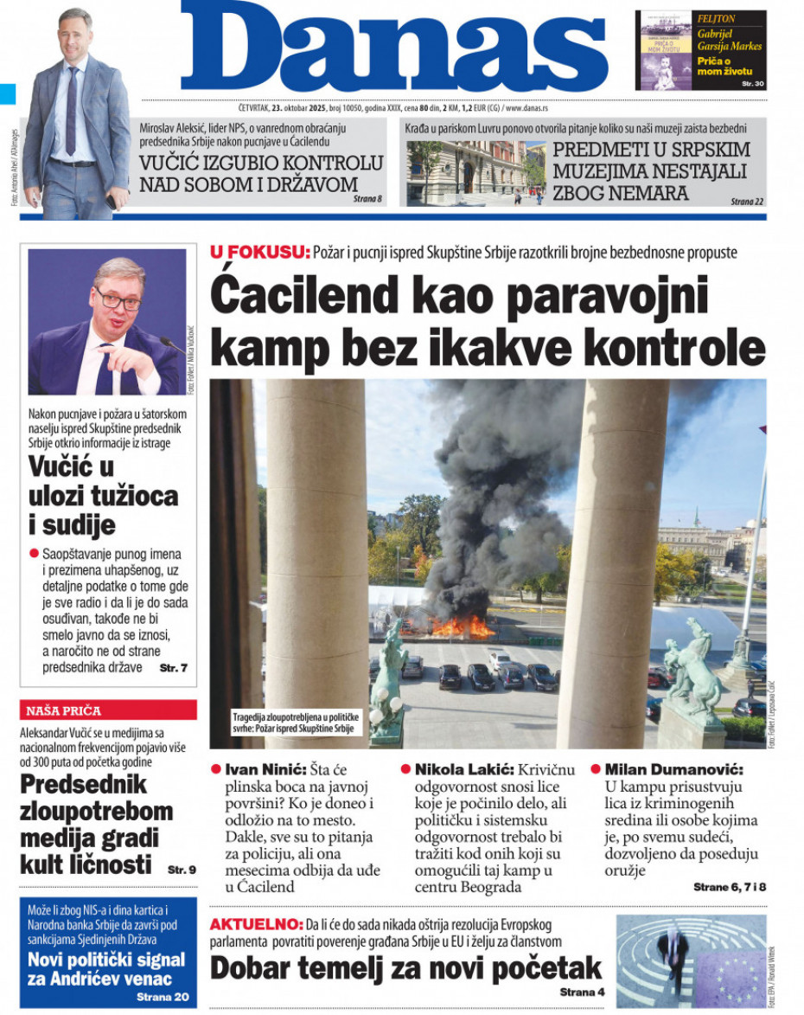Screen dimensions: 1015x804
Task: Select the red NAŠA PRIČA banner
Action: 108,710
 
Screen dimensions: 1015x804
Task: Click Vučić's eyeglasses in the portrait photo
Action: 118,299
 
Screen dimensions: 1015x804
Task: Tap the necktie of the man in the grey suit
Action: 72,117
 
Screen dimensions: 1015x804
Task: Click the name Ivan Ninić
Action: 263,769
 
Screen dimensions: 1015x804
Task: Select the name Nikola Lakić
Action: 464,769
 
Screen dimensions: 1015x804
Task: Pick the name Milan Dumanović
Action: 674,769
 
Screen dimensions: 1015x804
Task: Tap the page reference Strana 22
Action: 748,201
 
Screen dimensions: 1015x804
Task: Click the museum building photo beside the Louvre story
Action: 475,173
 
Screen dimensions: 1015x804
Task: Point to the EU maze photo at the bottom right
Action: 691,961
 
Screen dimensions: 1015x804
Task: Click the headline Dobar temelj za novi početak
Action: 405,967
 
